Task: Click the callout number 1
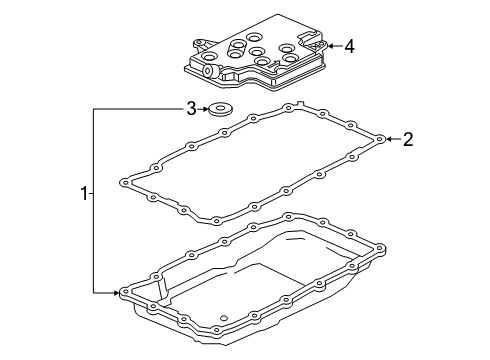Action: (85, 193)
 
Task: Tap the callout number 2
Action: (407, 141)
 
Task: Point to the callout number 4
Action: (349, 45)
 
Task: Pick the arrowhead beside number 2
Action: (388, 141)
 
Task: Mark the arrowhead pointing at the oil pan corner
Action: (116, 292)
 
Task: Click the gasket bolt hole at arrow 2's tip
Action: (380, 141)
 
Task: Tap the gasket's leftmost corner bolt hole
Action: (124, 183)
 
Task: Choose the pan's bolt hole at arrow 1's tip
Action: (123, 293)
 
